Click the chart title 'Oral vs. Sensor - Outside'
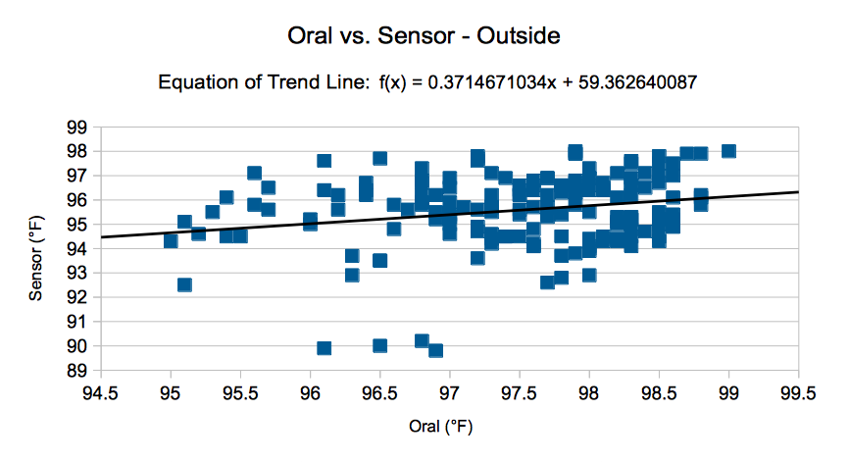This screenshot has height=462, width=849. point(424,35)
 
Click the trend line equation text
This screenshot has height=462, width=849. point(427,82)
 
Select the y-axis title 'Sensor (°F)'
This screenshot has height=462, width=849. point(35,258)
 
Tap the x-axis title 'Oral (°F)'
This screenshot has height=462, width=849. point(441,427)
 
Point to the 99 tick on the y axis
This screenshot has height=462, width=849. point(76,128)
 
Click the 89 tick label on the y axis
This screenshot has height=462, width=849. point(76,371)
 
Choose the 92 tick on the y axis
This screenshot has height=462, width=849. point(76,297)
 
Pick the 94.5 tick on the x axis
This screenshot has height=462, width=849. point(100,393)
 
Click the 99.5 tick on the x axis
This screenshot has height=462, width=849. point(798,393)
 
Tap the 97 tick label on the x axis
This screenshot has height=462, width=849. point(449,393)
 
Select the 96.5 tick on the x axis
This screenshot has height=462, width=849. point(379,393)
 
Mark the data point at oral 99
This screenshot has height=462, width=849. point(728,151)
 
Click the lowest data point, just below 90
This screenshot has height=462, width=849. point(436,350)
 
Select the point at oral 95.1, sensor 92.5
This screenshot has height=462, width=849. point(184,284)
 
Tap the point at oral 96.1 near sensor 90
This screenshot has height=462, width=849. point(324,347)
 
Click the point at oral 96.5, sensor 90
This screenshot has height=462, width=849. point(380,345)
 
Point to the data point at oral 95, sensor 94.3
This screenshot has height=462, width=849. point(171,241)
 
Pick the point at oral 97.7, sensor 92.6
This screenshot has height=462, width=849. point(547,282)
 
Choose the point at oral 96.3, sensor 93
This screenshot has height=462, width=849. point(352,276)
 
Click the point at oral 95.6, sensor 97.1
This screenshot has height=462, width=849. point(255,174)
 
